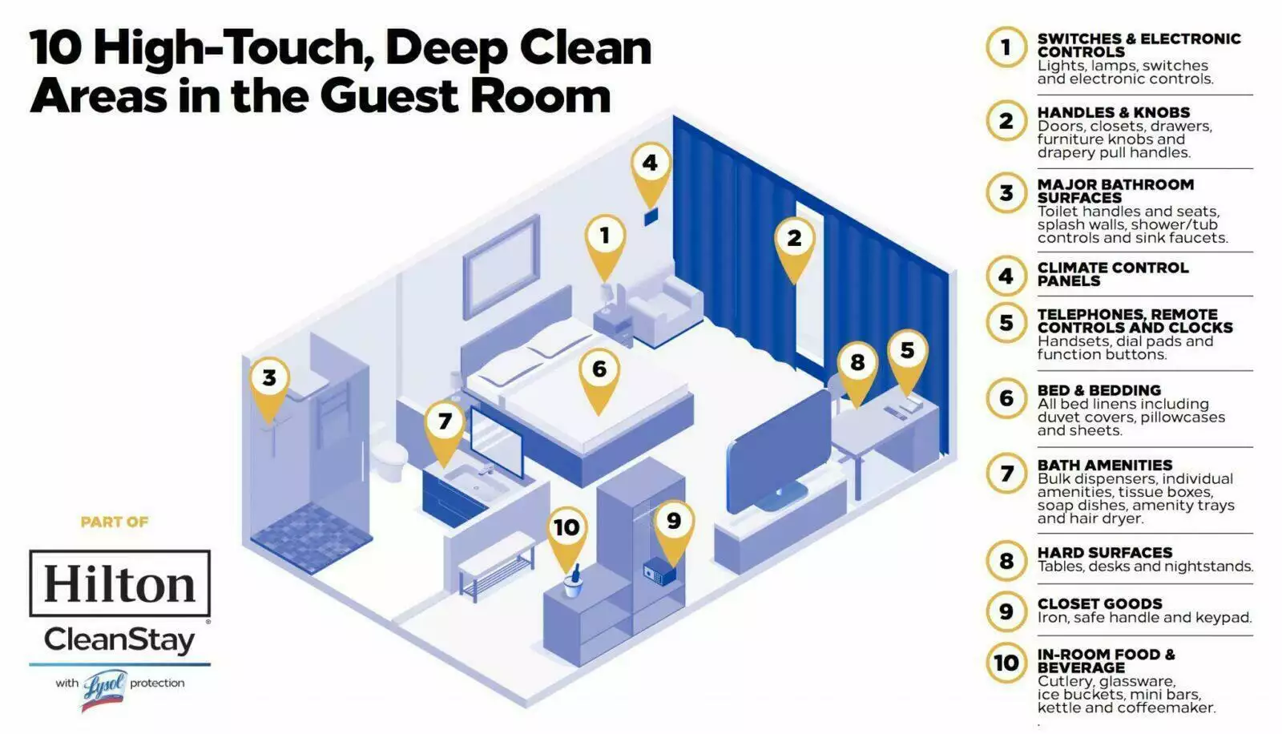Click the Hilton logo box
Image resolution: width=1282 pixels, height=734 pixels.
[x=119, y=583]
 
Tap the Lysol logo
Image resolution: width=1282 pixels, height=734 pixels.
[x=105, y=689]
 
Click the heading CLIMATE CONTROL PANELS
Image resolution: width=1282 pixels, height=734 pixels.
[x=1113, y=274]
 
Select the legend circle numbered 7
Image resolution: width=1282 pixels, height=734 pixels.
[x=1006, y=474]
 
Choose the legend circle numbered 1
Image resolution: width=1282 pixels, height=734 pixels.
[x=1006, y=47]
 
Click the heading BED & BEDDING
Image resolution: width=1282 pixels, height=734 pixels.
[x=1099, y=390]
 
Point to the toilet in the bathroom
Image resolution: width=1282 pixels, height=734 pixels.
[x=389, y=458]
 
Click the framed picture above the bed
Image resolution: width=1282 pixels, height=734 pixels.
[x=502, y=267]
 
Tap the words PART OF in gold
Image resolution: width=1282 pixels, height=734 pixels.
[x=115, y=522]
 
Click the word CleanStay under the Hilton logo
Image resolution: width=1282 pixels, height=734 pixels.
[x=119, y=640]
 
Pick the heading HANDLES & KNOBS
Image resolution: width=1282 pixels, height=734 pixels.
[x=1113, y=112]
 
